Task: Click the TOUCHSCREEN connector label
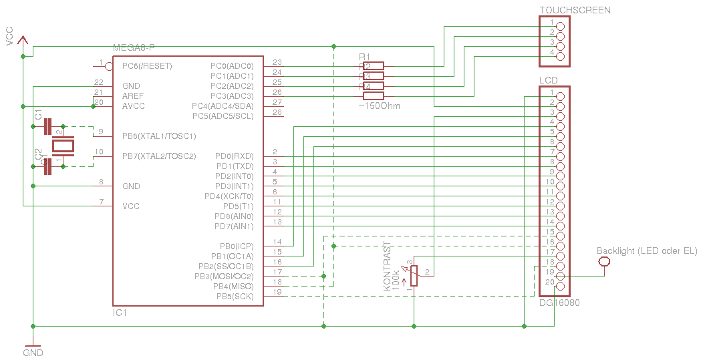[575, 10]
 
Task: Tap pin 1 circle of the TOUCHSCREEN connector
[560, 26]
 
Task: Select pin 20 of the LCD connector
[560, 287]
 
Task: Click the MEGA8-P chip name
[134, 47]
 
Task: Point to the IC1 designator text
[120, 313]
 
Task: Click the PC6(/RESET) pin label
[147, 66]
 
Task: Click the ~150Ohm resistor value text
[380, 106]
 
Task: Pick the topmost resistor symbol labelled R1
[374, 65]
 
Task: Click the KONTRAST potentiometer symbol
[414, 276]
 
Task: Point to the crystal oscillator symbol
[64, 146]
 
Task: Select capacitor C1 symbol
[47, 126]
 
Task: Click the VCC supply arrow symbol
[23, 41]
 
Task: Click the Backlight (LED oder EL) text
[646, 251]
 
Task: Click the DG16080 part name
[559, 303]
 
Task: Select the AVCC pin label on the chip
[134, 106]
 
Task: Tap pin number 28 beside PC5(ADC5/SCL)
[277, 112]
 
